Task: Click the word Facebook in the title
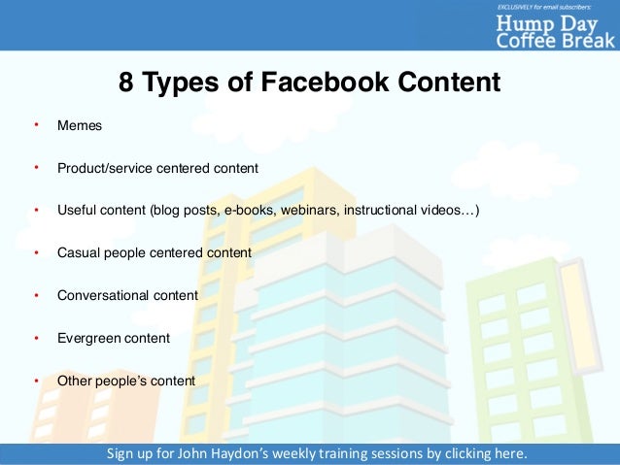point(314,83)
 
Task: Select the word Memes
point(80,126)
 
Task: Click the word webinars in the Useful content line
point(307,211)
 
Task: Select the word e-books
point(251,211)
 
